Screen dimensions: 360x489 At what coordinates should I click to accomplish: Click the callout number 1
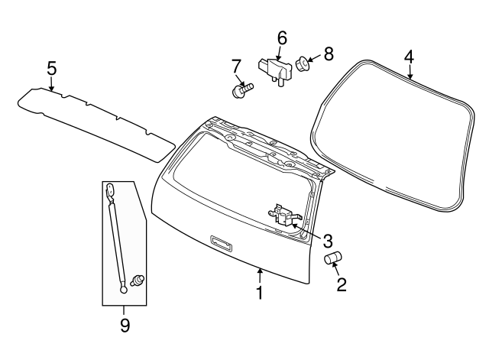[259, 293]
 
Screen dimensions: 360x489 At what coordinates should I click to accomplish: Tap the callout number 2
[342, 285]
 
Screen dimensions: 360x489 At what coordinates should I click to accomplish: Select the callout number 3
[327, 241]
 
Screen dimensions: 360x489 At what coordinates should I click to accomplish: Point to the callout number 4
[409, 56]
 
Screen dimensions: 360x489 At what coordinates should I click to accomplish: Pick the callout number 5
[51, 68]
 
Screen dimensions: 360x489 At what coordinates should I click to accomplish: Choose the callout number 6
[281, 37]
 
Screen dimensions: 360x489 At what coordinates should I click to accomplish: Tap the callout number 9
[125, 325]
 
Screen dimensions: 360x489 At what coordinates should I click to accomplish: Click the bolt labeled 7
[240, 91]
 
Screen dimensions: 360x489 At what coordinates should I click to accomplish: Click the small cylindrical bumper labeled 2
[333, 259]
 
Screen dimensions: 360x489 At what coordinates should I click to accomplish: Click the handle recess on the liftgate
[221, 243]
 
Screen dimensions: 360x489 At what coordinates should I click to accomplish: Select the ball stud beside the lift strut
[139, 279]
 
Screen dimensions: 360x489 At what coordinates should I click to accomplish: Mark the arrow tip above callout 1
[260, 269]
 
